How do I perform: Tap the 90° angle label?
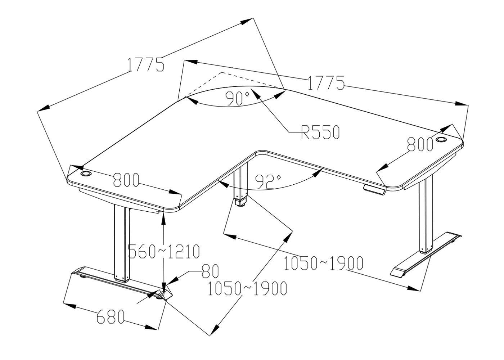(x=238, y=98)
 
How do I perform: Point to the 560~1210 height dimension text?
(x=164, y=252)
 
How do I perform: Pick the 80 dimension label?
(x=210, y=271)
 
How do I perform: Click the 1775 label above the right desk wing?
(x=326, y=83)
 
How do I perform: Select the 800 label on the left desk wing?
(x=126, y=180)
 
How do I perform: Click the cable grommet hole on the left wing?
(x=86, y=174)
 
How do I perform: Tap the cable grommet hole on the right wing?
(x=441, y=139)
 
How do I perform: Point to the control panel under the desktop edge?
(x=374, y=190)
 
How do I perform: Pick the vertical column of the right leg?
(x=426, y=216)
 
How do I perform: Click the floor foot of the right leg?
(x=425, y=256)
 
